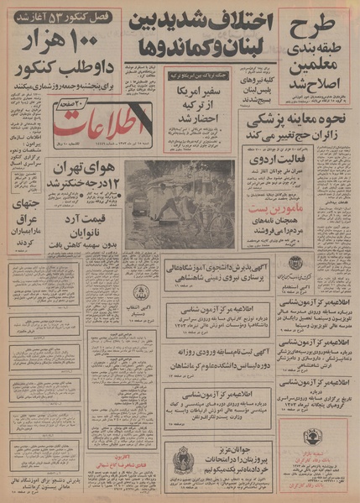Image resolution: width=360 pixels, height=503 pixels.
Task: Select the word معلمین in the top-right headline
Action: click(316, 66)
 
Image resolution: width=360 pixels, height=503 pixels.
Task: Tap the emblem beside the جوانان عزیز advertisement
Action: click(180, 462)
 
